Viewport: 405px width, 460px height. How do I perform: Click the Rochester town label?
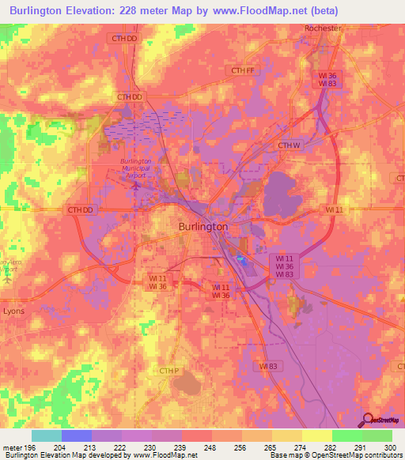[x=323, y=28]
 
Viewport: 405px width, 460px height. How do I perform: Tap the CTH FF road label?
[x=244, y=70]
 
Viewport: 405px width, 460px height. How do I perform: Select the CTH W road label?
[x=290, y=145]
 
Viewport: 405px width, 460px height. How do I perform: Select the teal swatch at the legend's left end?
[x=46, y=435]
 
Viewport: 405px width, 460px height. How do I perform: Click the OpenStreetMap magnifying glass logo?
[x=366, y=419]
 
